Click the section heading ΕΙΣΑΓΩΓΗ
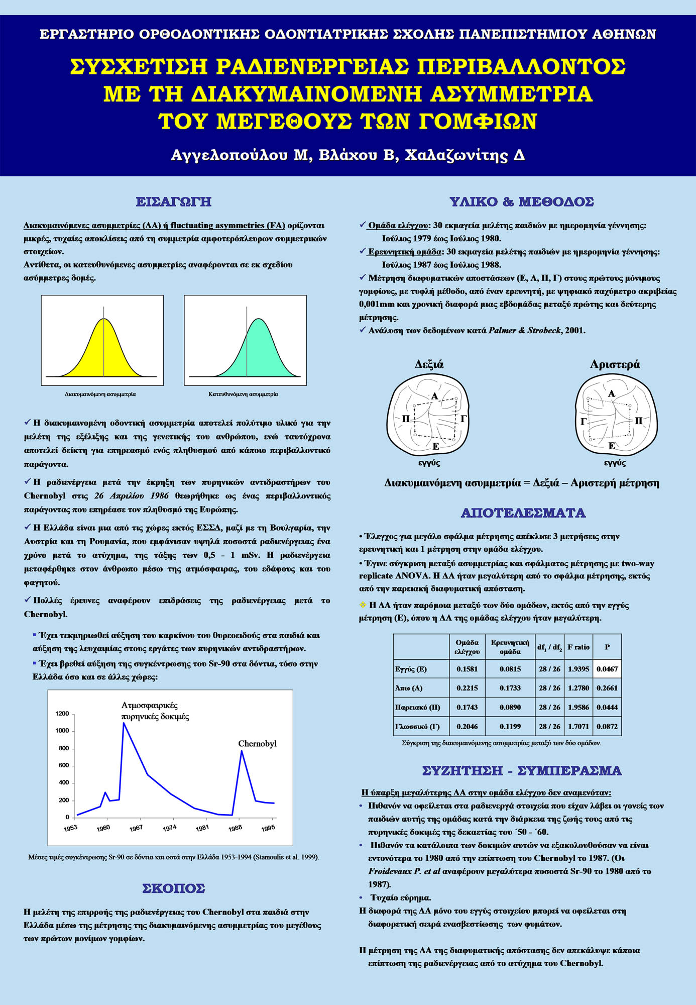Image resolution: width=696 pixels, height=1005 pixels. (173, 202)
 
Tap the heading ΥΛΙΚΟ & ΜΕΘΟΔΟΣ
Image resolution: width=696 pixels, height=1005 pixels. (522, 202)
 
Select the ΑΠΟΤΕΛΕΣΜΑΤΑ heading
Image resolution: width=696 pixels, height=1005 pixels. (523, 513)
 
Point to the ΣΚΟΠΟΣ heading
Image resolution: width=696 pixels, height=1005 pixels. (174, 888)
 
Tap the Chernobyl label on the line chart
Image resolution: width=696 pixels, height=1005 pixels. (257, 744)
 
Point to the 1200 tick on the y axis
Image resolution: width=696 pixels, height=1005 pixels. (62, 714)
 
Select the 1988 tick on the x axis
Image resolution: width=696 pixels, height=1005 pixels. (235, 828)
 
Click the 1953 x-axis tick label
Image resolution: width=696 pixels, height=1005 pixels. (70, 828)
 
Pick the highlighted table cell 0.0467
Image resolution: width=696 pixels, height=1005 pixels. (607, 669)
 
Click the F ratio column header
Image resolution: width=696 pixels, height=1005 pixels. (578, 647)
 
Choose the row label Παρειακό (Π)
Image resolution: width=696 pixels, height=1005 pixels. (417, 708)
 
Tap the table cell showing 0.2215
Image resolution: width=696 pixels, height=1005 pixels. (467, 688)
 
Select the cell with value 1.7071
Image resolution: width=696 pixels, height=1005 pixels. (578, 727)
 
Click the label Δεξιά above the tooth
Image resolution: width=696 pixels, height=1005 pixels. (429, 364)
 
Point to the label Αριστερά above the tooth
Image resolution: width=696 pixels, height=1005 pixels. (615, 364)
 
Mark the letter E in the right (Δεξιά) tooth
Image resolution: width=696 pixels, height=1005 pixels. (435, 446)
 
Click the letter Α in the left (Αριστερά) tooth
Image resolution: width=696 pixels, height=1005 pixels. (611, 394)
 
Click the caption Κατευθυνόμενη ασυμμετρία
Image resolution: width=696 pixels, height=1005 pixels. (243, 394)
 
